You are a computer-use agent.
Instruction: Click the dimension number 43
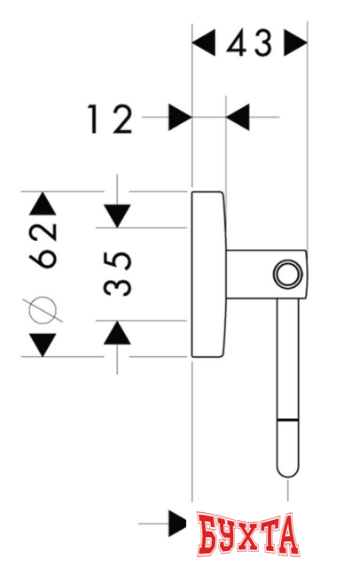pos(250,43)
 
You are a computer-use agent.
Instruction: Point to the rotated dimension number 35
pos(116,275)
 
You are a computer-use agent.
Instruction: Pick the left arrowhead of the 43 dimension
pos(204,42)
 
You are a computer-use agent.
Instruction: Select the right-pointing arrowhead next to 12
pos(181,116)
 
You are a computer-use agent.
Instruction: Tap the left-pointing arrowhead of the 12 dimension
pos(239,116)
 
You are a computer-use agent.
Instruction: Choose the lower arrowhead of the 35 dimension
pos(116,333)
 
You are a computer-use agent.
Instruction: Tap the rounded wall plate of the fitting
pos(209,275)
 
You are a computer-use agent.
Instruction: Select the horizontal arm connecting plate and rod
pos(253,275)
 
